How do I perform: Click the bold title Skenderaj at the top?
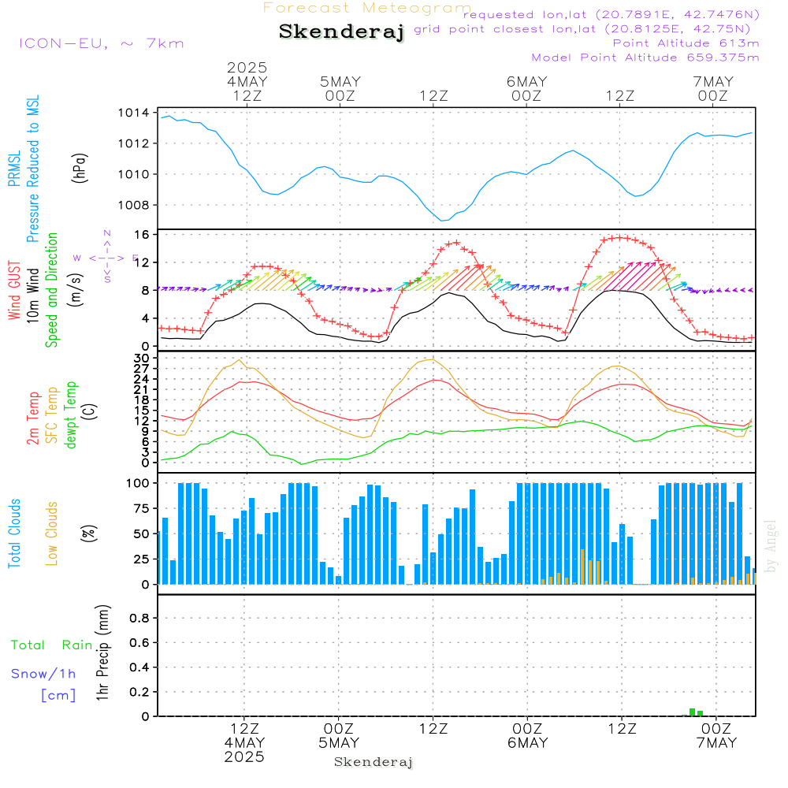[341, 32]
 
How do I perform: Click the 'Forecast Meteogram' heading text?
[367, 8]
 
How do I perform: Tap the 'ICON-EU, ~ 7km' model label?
[101, 43]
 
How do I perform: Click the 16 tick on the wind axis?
[142, 235]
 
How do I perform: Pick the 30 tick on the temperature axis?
[142, 358]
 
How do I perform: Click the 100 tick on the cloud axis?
[139, 483]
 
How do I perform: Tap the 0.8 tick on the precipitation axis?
[139, 618]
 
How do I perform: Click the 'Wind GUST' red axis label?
[14, 291]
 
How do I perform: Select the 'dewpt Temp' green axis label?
[72, 415]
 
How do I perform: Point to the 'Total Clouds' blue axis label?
[14, 533]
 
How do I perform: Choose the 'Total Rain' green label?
[51, 645]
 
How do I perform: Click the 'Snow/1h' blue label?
[43, 674]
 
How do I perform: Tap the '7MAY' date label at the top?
[713, 81]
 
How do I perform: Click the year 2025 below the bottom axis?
[244, 757]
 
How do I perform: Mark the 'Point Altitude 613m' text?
[686, 43]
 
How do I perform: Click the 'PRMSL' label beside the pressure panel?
[14, 169]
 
